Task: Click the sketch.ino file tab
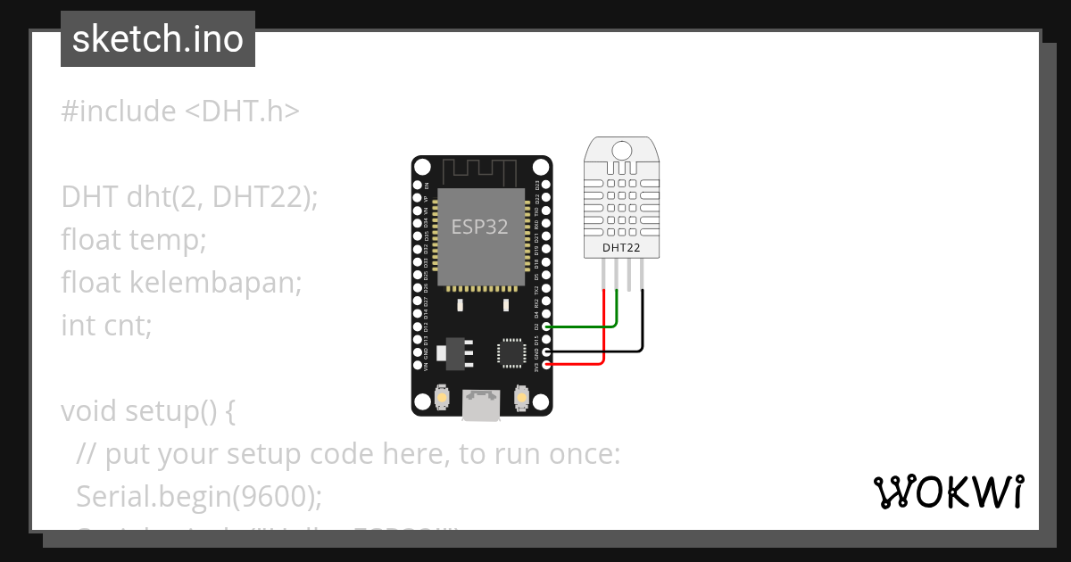pyautogui.click(x=157, y=39)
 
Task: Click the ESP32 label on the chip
pyautogui.click(x=479, y=227)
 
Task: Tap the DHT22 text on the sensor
pyautogui.click(x=621, y=247)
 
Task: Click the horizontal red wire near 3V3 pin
pyautogui.click(x=576, y=363)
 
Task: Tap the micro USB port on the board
pyautogui.click(x=481, y=405)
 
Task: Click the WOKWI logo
pyautogui.click(x=949, y=492)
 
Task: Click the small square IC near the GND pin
pyautogui.click(x=511, y=351)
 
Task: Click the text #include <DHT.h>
pyautogui.click(x=180, y=112)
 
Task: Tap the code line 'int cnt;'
pyautogui.click(x=107, y=326)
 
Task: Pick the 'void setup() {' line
pyautogui.click(x=148, y=411)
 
